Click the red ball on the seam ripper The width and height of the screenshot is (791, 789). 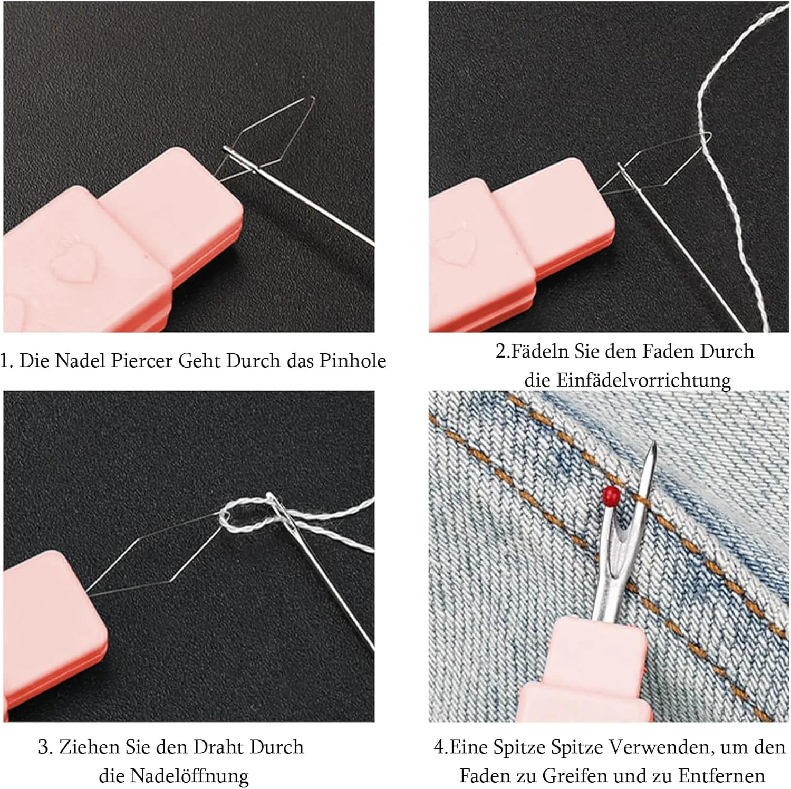(611, 495)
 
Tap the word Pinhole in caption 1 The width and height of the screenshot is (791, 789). (353, 361)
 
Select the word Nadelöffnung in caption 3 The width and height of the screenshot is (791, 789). (189, 776)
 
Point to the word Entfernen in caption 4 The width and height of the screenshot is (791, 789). (721, 776)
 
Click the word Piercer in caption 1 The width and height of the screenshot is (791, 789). (142, 361)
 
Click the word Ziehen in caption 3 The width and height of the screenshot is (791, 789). (89, 747)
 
